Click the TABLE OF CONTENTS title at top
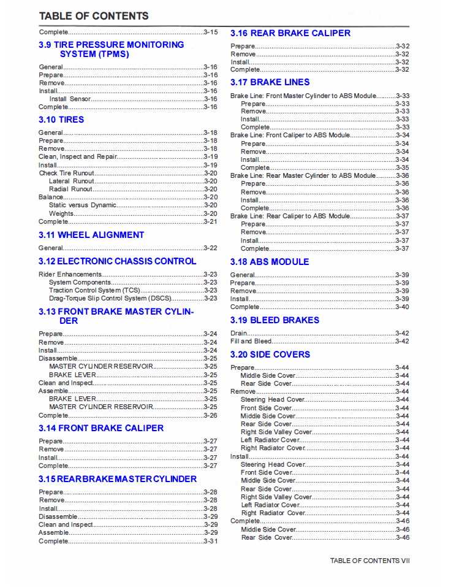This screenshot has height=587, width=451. [94, 16]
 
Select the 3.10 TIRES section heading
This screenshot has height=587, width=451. [61, 120]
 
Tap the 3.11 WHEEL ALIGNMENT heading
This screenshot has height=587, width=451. [91, 235]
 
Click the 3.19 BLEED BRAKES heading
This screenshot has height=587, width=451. [275, 320]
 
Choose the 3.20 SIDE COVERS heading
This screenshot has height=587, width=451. [270, 355]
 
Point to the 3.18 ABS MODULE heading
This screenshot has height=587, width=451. [270, 262]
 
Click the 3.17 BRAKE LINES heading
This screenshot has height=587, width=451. [270, 82]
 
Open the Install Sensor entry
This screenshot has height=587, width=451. [70, 99]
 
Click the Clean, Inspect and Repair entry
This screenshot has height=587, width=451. [77, 157]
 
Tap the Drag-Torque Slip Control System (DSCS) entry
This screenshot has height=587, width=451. [110, 298]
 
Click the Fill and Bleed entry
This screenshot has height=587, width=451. [251, 341]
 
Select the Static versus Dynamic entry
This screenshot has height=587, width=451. [83, 205]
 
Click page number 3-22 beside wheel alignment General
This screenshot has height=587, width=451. [210, 248]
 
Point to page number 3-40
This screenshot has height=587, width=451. [402, 307]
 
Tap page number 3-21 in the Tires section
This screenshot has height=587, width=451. [210, 221]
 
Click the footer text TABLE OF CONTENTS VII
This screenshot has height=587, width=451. [370, 561]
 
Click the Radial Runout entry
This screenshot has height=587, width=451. [70, 189]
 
